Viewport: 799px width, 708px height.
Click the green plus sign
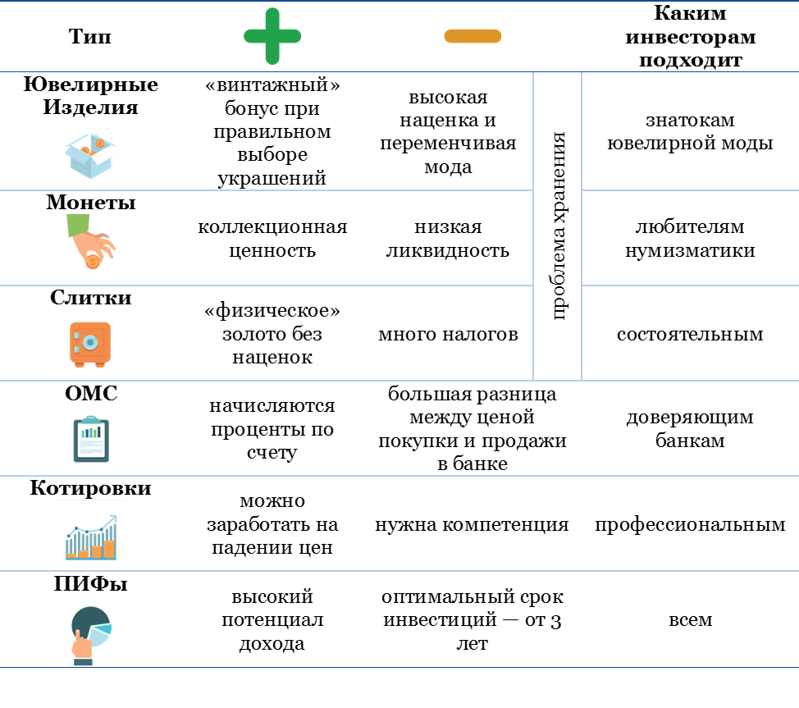pos(272,36)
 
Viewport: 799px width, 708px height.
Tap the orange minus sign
pos(473,36)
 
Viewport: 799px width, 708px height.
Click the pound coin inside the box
pos(99,144)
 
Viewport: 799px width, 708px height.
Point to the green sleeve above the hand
pos(78,225)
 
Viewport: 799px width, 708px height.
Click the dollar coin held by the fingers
pos(94,262)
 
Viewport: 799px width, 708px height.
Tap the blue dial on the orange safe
pos(90,341)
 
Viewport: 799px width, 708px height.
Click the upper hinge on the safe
pos(76,335)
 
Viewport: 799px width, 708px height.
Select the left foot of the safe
pos(80,364)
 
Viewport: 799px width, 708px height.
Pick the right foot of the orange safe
pos(101,364)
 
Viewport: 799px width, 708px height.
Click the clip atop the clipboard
pos(91,419)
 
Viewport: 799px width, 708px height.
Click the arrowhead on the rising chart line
pos(113,518)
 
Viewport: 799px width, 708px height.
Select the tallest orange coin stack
pos(109,548)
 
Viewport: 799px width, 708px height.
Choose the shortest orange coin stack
pos(72,555)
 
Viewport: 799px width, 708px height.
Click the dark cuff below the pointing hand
pos(83,661)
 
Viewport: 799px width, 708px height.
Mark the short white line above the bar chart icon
pos(90,499)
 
